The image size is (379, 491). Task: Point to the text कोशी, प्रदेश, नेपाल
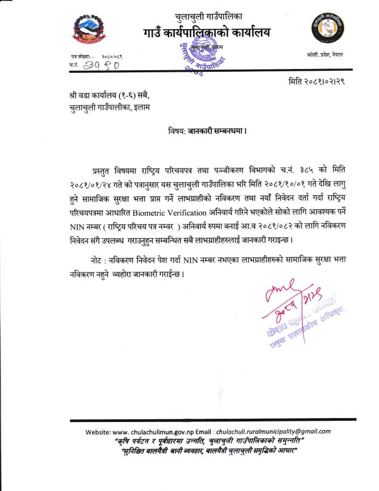323,56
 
